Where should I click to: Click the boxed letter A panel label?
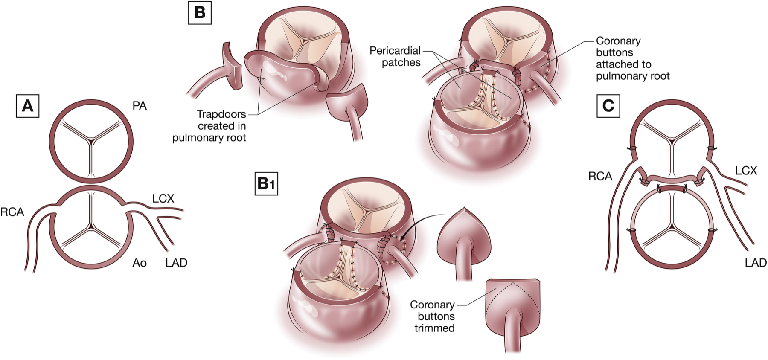tap(27, 105)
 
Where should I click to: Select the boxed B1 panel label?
tap(266, 183)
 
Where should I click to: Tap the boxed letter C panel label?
tap(608, 105)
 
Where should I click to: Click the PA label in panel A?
tap(140, 106)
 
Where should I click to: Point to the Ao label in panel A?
tap(140, 263)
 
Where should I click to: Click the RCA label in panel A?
tap(12, 212)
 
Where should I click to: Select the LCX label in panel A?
tap(163, 198)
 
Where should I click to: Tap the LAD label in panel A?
tap(176, 263)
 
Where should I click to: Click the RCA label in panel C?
tap(600, 176)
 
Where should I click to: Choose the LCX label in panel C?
tap(746, 171)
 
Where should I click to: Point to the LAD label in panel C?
tap(756, 263)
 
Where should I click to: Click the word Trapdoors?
tap(221, 114)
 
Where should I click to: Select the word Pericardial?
tap(395, 51)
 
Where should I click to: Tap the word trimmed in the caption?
tap(434, 328)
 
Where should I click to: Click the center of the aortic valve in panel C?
tap(672, 223)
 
